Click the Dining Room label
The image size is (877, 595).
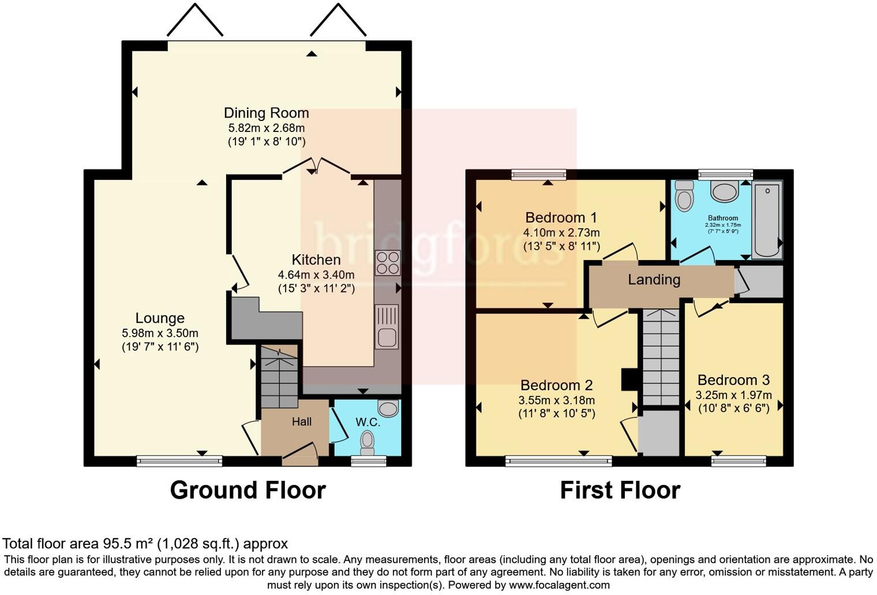point(266,113)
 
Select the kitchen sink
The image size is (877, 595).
point(386,326)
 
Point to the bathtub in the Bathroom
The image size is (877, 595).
point(767,219)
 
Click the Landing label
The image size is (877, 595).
point(654,280)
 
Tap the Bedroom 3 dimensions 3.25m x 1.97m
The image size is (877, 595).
point(733,396)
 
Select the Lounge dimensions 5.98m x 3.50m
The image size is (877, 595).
point(160,333)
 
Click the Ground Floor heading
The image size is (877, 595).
point(248,490)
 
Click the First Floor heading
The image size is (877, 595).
point(620,490)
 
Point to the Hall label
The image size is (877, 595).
point(301,422)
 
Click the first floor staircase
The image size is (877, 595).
point(660,357)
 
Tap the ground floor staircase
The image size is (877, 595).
point(279,378)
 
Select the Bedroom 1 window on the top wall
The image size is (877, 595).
point(539,174)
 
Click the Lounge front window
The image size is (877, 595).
point(179,461)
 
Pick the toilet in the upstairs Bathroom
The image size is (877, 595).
point(685,196)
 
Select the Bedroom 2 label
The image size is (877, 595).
point(556,385)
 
